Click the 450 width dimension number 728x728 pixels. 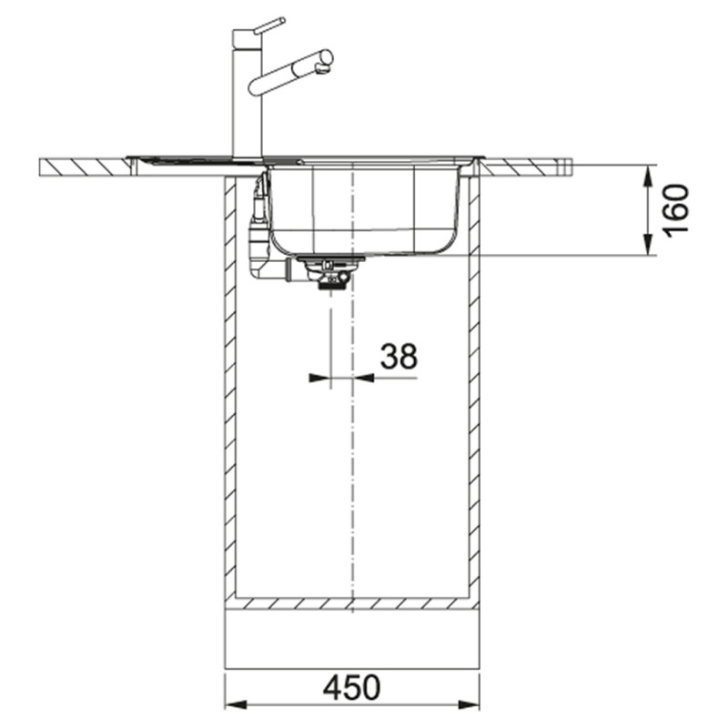pyautogui.click(x=351, y=688)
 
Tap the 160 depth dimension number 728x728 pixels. pyautogui.click(x=676, y=210)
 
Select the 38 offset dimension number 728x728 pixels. pyautogui.click(x=399, y=356)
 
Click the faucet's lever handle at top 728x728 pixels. pyautogui.click(x=268, y=25)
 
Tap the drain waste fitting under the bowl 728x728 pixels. pyautogui.click(x=330, y=271)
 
